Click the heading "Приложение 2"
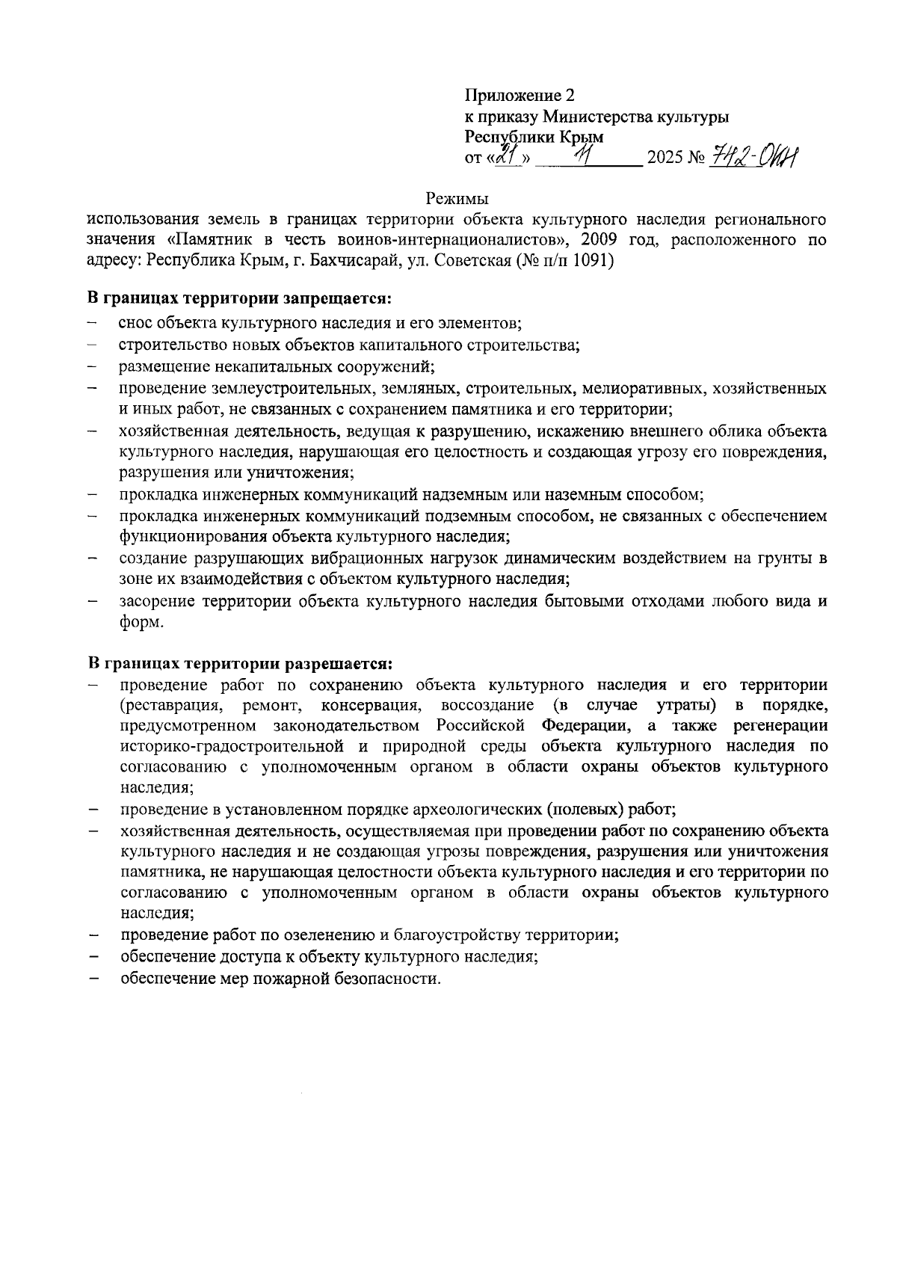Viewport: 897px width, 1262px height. tap(521, 96)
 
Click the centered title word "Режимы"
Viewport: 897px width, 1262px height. tap(457, 199)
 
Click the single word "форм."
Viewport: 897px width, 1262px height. tap(141, 622)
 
